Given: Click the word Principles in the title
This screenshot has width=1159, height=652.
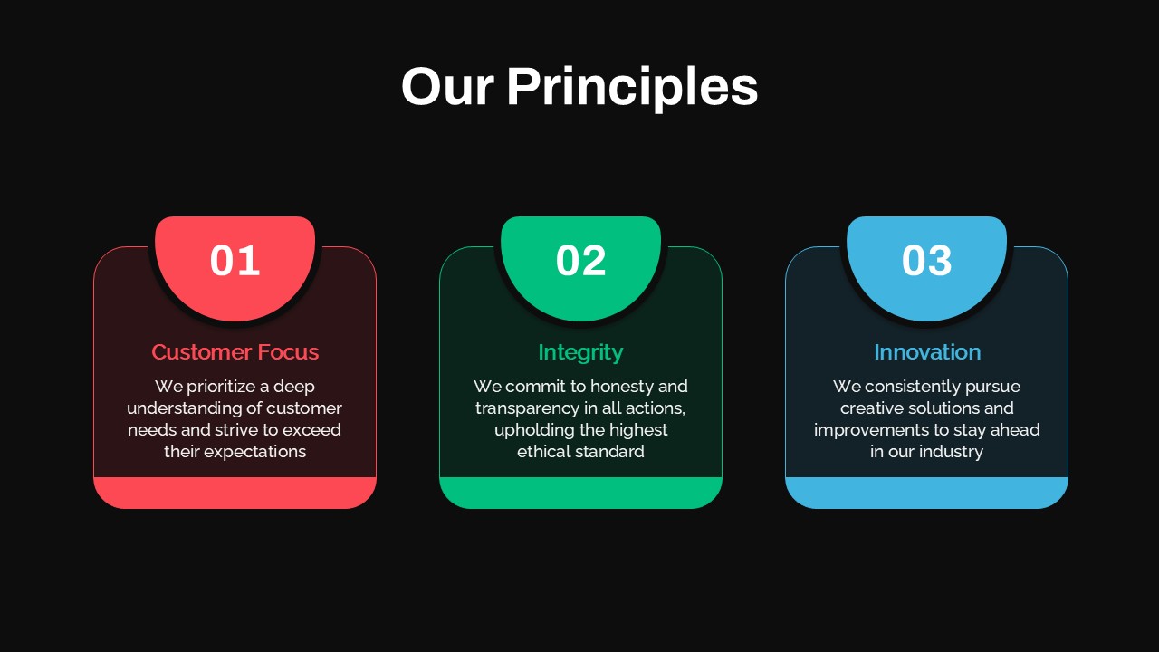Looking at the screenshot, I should tap(631, 88).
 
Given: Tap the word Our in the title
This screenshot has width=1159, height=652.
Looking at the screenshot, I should tap(447, 88).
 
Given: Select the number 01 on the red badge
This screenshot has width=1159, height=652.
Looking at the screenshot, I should tap(235, 261).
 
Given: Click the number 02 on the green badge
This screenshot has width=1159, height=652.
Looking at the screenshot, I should tap(580, 261).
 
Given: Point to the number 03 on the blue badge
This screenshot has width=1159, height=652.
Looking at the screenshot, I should tap(926, 261).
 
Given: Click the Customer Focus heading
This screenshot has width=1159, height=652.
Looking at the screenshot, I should tap(235, 352).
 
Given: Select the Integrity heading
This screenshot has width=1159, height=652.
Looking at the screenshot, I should tap(580, 352).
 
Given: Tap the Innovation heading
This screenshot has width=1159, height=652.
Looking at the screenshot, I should tap(926, 352).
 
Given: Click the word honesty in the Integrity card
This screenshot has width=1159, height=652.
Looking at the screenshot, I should tap(621, 387).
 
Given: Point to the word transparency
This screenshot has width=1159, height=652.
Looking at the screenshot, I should tap(527, 408).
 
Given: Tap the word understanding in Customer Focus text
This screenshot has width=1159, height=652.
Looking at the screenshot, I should tap(184, 408).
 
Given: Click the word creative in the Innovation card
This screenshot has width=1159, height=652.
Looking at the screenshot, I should tap(873, 408).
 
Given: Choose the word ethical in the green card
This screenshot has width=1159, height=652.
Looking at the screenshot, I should tap(544, 452).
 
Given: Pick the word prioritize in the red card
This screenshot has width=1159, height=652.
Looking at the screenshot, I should tap(220, 387).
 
